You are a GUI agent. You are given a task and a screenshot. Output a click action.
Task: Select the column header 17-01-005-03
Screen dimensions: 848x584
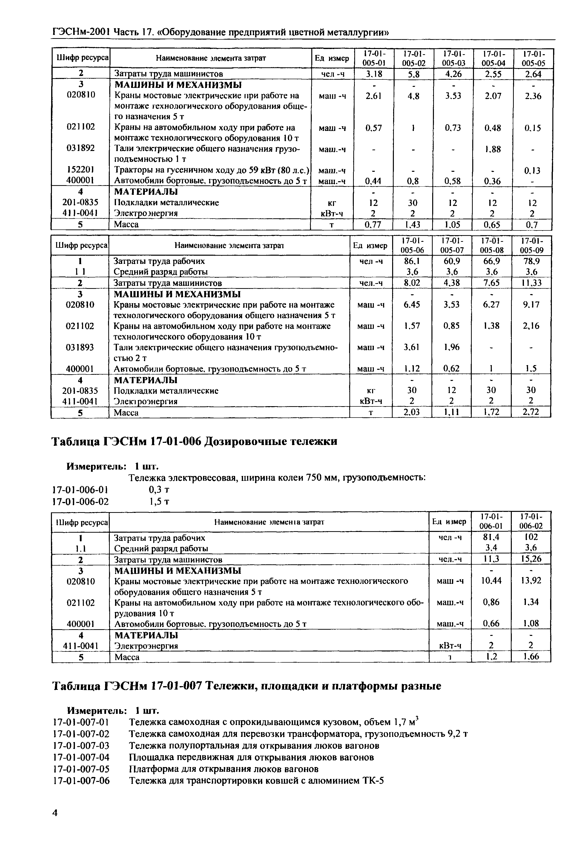[453, 58]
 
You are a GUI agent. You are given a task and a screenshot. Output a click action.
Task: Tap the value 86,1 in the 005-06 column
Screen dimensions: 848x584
[412, 261]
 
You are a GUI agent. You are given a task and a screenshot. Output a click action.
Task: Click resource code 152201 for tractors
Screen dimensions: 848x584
[81, 170]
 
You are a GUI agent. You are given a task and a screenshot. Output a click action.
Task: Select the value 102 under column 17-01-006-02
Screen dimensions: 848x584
[531, 537]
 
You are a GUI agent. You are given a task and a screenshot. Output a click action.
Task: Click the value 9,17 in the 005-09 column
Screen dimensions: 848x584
[531, 305]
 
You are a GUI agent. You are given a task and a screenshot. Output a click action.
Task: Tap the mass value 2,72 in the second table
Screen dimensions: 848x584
[531, 412]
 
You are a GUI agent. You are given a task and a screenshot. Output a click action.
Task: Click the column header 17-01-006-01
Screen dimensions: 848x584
[491, 521]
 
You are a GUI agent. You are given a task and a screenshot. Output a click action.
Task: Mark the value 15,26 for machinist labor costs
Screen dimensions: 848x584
[531, 559]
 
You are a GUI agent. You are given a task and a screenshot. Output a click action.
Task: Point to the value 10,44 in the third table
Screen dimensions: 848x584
[491, 581]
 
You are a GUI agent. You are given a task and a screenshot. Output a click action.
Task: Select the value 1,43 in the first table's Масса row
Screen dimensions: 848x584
[413, 224]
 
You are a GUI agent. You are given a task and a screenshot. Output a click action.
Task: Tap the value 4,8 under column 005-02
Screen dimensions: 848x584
[413, 96]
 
